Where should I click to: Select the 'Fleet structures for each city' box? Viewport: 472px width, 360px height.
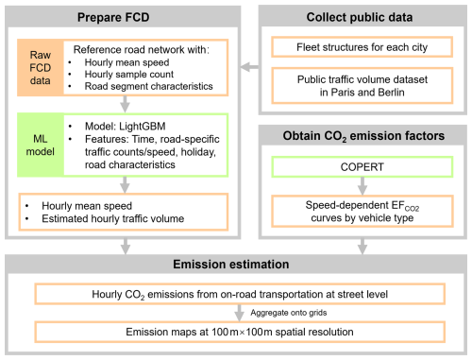(x=360, y=45)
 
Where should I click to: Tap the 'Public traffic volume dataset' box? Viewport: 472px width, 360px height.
(x=360, y=85)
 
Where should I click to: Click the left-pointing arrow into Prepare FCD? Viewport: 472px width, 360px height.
(x=249, y=66)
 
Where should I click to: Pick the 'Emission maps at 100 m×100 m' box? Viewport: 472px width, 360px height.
(x=235, y=332)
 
